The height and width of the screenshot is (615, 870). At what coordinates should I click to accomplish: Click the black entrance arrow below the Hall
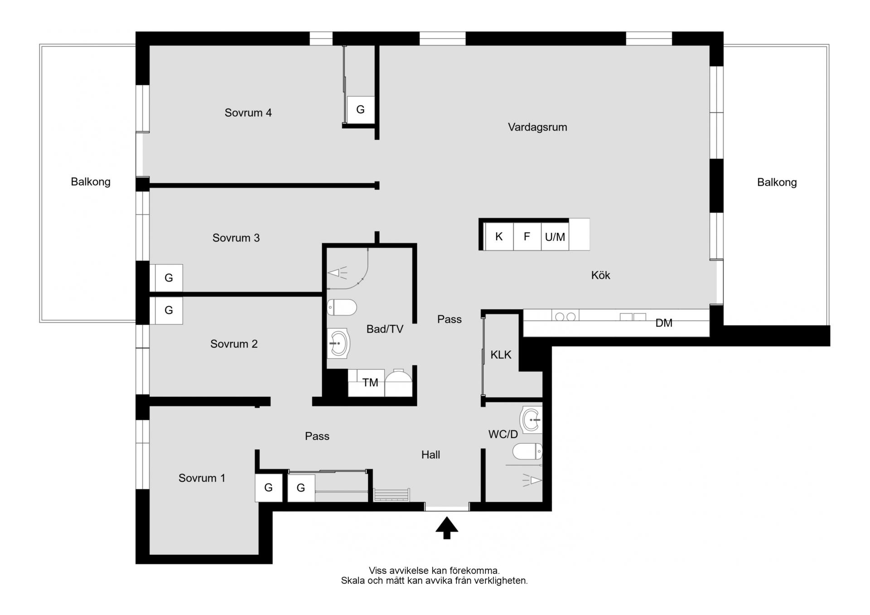447,528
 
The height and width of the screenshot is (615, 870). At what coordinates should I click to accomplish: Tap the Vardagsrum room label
537,127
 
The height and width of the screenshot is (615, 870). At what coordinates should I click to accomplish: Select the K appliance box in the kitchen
499,236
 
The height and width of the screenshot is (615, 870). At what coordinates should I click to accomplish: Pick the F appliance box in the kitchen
527,236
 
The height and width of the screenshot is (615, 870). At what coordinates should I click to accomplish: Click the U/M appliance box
555,236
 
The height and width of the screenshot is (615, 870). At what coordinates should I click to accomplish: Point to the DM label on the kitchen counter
664,323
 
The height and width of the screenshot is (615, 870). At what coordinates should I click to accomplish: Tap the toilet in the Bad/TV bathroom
342,307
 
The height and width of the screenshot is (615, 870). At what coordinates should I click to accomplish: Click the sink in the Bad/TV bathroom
338,343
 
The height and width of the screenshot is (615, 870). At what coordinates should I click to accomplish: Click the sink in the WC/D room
532,420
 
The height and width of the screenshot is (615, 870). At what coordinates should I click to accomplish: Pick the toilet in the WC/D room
527,451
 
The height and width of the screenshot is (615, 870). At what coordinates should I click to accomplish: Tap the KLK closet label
501,355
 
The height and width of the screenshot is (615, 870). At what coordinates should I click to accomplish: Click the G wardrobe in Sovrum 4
361,109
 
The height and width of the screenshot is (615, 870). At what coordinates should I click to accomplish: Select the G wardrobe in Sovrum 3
169,278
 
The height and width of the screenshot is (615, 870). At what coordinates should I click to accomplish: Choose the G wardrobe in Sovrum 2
169,310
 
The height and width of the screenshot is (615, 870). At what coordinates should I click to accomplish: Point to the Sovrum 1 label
202,478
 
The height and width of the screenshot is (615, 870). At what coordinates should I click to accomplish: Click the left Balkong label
91,182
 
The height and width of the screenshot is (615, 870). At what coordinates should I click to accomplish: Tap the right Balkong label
777,182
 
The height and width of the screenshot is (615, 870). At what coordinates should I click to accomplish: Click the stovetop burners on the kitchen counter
565,317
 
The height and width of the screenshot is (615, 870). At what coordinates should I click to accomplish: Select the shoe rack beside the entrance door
391,495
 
